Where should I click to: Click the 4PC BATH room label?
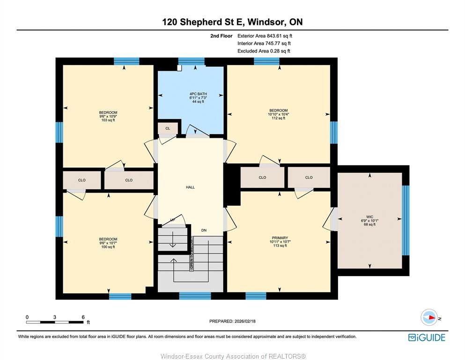tap(198, 94)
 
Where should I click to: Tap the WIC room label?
tap(369, 217)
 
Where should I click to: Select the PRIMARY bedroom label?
tap(280, 238)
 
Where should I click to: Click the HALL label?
tap(191, 187)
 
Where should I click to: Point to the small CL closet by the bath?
tap(168, 128)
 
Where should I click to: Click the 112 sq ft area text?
tap(279, 118)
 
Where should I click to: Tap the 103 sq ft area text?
tap(108, 120)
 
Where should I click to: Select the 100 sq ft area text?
tap(108, 247)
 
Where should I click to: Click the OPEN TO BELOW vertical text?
tap(192, 253)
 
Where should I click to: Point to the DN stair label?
tap(204, 230)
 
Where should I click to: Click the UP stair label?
tap(173, 220)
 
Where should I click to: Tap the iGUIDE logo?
tap(427, 338)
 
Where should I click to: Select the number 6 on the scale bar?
tap(83, 317)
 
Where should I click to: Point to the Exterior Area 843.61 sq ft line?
tap(265, 36)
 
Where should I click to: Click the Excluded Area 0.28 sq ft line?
tap(264, 51)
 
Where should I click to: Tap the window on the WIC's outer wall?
tap(406, 220)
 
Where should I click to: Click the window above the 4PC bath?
tap(191, 61)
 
